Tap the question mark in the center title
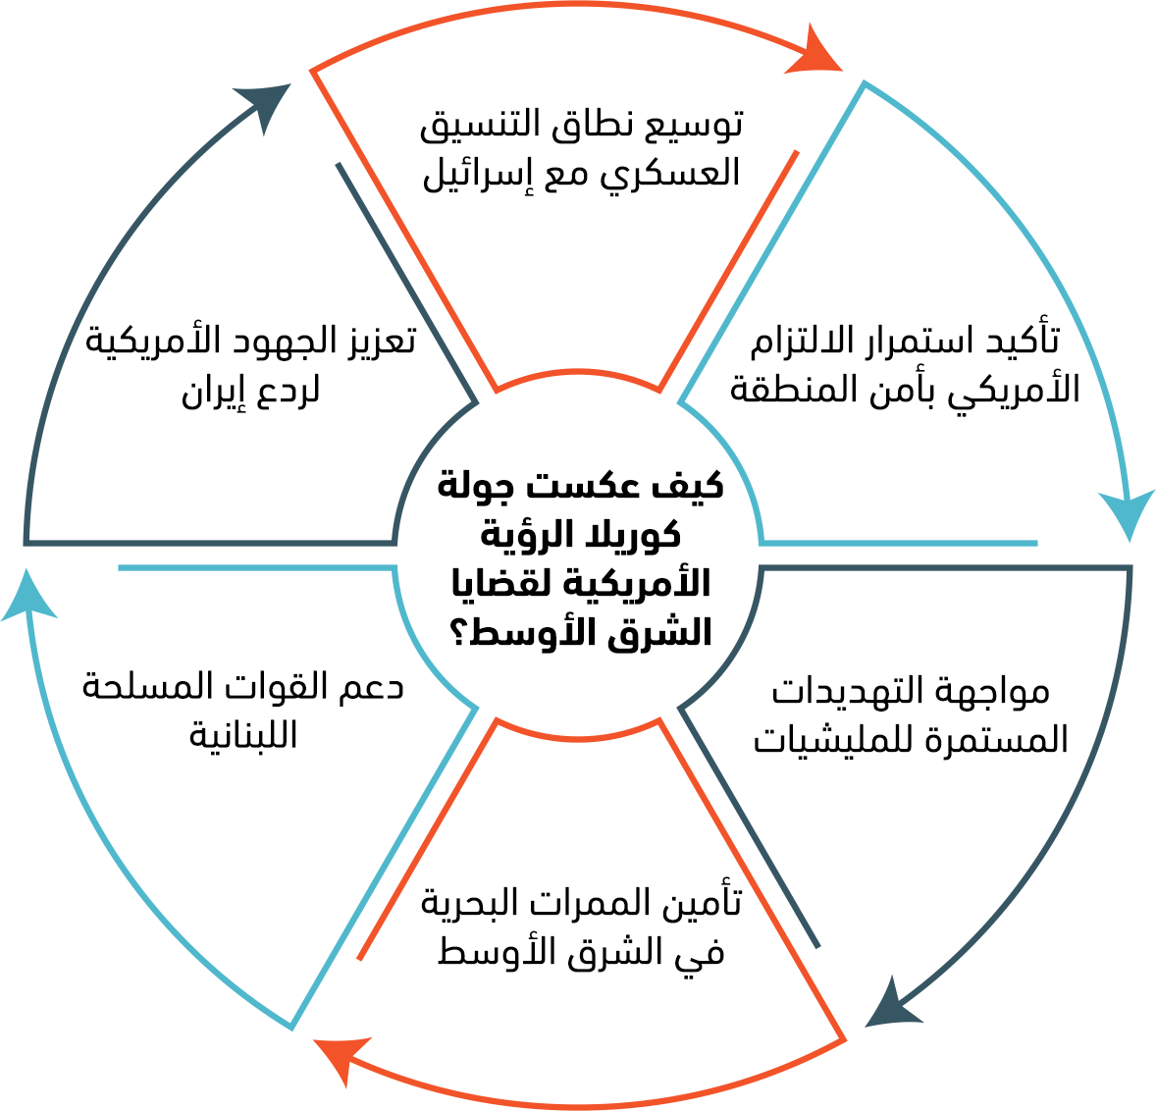pos(458,633)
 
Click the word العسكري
pos(676,175)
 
